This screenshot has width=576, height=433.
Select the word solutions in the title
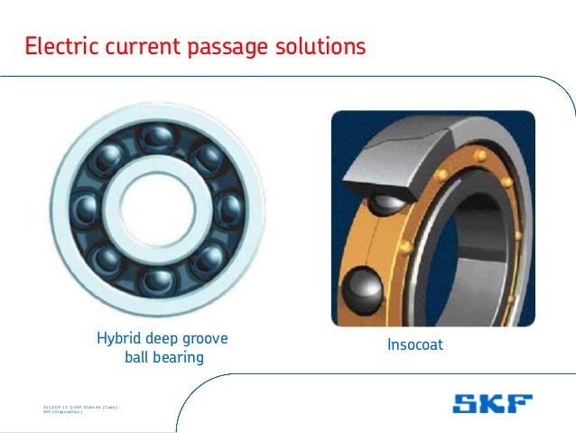[312, 45]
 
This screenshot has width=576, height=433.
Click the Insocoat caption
[415, 344]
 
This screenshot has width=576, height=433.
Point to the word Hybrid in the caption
[117, 340]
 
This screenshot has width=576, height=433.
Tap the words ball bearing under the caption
[163, 359]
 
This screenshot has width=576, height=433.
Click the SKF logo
[492, 402]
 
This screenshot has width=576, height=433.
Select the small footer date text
[81, 408]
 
